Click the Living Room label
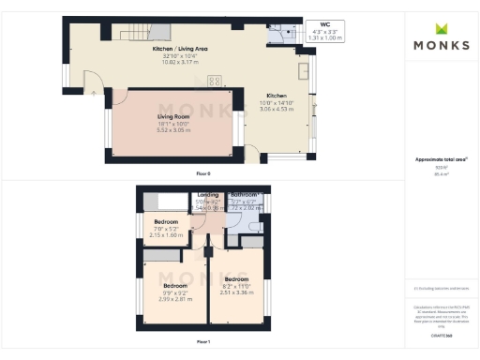pyautogui.click(x=172, y=117)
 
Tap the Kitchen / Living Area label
pyautogui.click(x=174, y=46)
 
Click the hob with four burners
pyautogui.click(x=215, y=81)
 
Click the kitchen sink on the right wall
pyautogui.click(x=304, y=71)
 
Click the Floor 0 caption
pyautogui.click(x=203, y=174)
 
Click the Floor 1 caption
pyautogui.click(x=203, y=341)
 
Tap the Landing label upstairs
pyautogui.click(x=207, y=195)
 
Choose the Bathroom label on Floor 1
pyautogui.click(x=244, y=195)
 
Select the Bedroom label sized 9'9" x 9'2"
pyautogui.click(x=174, y=285)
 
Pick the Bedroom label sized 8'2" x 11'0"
pyautogui.click(x=236, y=278)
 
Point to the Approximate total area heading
pyautogui.click(x=441, y=160)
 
